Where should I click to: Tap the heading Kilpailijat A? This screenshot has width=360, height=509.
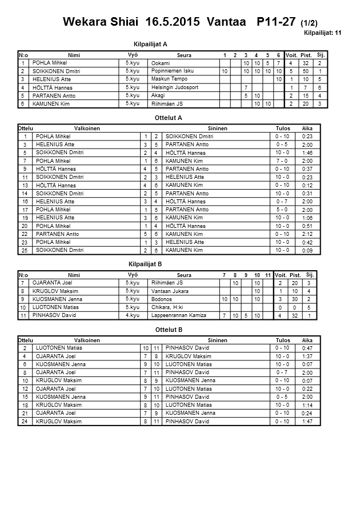tap(150, 44)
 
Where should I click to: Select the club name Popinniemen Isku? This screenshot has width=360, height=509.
tap(173, 71)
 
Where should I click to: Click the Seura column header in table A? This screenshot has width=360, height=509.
tap(184, 55)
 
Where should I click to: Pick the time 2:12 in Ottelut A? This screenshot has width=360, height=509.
tap(307, 234)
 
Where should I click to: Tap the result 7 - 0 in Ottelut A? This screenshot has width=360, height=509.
tap(282, 161)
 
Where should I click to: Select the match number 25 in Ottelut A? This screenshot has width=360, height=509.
tap(25, 250)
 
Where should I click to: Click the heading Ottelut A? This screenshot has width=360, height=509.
tap(169, 118)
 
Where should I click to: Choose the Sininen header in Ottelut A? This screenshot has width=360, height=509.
tap(218, 129)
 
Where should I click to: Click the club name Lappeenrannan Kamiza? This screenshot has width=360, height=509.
tap(178, 315)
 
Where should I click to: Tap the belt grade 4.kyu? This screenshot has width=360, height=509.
tap(132, 315)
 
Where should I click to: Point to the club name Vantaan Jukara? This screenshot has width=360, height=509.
tap(170, 291)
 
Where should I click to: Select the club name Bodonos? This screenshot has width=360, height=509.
tap(162, 299)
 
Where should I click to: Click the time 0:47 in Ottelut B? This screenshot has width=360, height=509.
tap(307, 348)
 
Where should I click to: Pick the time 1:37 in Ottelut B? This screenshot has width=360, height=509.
tap(307, 356)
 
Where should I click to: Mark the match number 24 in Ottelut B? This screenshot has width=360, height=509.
tap(25, 422)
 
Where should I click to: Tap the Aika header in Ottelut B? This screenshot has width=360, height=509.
tap(307, 340)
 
